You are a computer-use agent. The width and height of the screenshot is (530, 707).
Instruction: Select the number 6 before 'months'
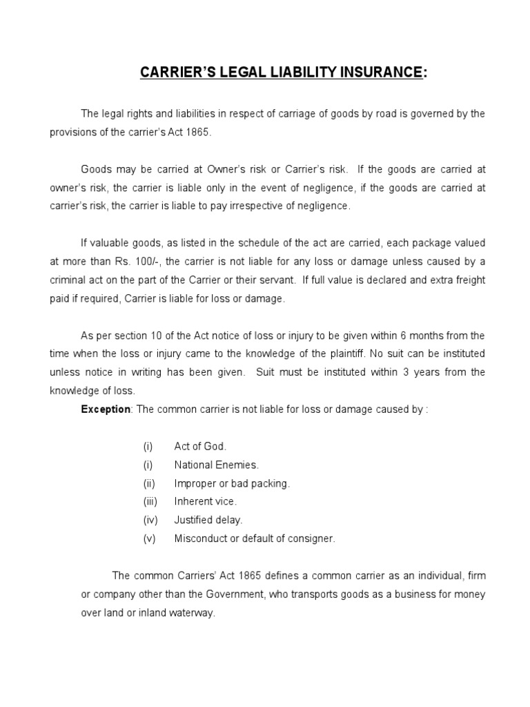402,336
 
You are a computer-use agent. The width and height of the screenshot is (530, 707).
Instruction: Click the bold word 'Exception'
106,409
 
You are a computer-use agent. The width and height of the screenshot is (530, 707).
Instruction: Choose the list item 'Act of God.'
200,447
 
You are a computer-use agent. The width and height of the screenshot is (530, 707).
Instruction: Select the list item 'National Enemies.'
216,465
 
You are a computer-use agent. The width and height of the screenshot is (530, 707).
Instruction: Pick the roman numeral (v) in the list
150,539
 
